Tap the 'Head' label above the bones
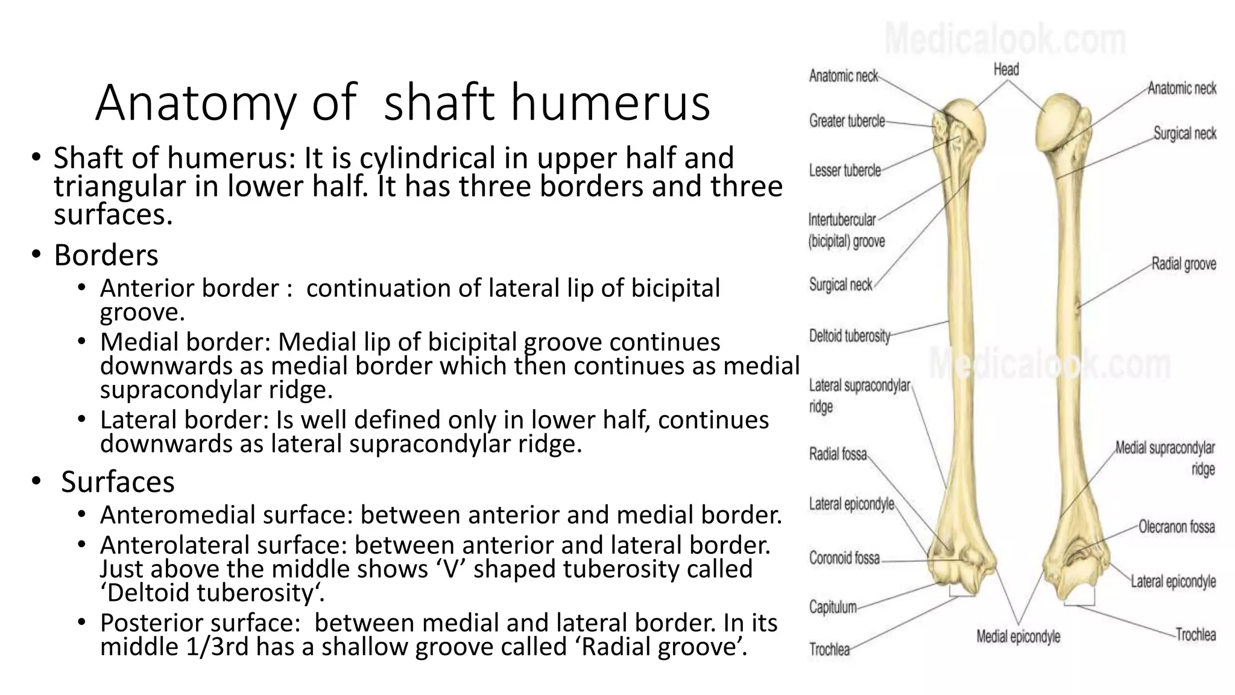1006,70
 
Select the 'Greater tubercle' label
847,121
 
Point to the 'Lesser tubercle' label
844,171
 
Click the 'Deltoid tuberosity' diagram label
849,336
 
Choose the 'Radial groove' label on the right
1183,264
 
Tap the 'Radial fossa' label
838,454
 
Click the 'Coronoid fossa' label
844,558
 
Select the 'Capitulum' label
833,607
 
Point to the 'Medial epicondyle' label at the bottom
1018,636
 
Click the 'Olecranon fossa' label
1176,527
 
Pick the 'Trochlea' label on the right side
1195,635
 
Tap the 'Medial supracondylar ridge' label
1165,459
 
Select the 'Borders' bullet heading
106,255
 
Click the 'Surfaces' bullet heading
118,482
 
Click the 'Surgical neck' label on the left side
840,285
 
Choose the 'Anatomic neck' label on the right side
1181,89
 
